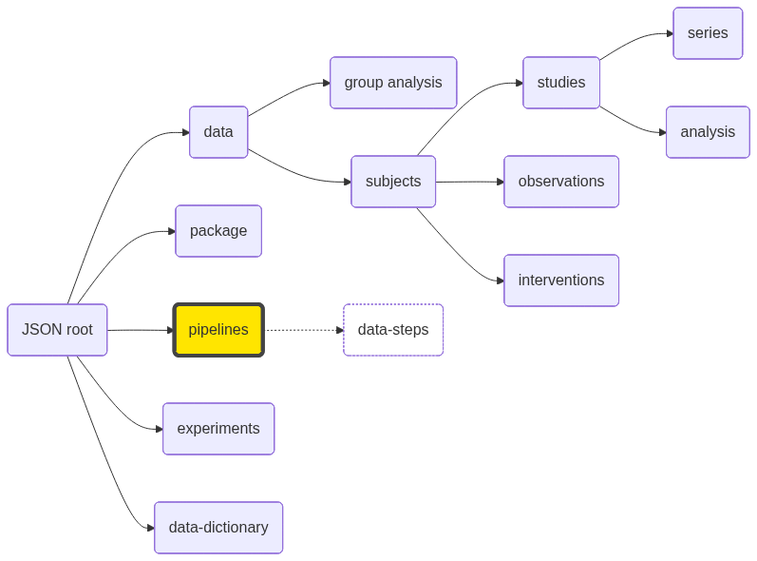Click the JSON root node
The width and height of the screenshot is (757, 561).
tap(57, 330)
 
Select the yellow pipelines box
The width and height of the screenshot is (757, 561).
tap(218, 330)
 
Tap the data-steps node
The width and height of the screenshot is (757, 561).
tap(393, 330)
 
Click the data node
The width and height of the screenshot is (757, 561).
tap(218, 132)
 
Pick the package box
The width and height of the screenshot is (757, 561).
tap(218, 231)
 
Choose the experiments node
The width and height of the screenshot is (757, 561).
tap(218, 429)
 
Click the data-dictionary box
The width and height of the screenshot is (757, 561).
tap(218, 528)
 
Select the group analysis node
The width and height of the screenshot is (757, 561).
tap(393, 83)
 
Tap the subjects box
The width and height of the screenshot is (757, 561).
tap(393, 182)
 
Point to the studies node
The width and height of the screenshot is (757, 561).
tap(561, 83)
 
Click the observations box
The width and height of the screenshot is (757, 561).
tap(561, 182)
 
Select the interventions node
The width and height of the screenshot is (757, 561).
tap(561, 280)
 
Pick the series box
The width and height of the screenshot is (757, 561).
tap(708, 33)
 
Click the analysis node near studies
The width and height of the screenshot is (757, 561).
tap(708, 132)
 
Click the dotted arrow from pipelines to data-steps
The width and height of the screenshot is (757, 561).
tap(304, 330)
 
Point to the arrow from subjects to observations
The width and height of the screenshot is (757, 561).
tap(470, 182)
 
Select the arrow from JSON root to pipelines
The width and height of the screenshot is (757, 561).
tap(141, 330)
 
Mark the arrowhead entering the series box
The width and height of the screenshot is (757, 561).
tap(670, 33)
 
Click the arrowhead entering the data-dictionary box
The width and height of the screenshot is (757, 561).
tap(150, 528)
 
